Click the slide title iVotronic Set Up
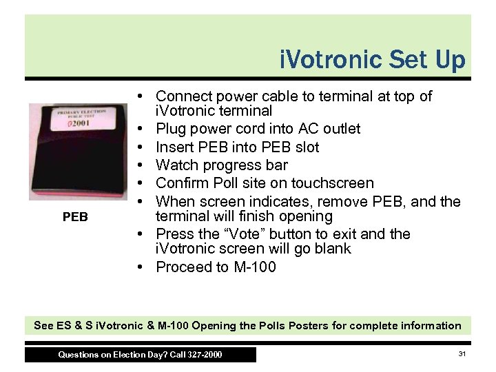click(x=373, y=60)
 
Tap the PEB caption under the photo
click(x=75, y=217)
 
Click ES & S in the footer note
click(x=72, y=326)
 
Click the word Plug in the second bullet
click(x=171, y=129)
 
